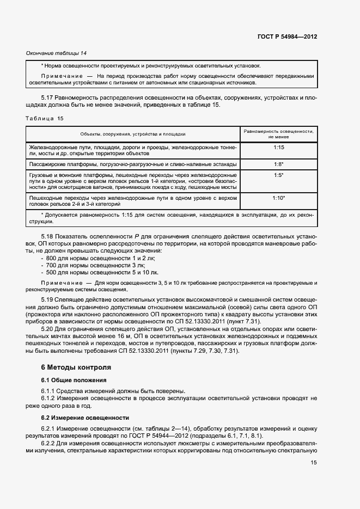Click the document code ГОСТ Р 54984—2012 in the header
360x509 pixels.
click(288, 37)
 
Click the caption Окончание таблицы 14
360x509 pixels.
click(57, 53)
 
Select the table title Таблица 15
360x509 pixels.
click(45, 118)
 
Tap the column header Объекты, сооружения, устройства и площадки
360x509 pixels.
click(133, 134)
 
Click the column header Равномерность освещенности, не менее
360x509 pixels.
click(278, 134)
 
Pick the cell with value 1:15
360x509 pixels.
click(278, 147)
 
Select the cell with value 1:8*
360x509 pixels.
click(278, 164)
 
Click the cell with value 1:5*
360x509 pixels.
click(278, 175)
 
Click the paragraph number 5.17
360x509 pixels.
click(47, 97)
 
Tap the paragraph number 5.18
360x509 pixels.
click(47, 237)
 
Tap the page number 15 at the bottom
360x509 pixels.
click(314, 462)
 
